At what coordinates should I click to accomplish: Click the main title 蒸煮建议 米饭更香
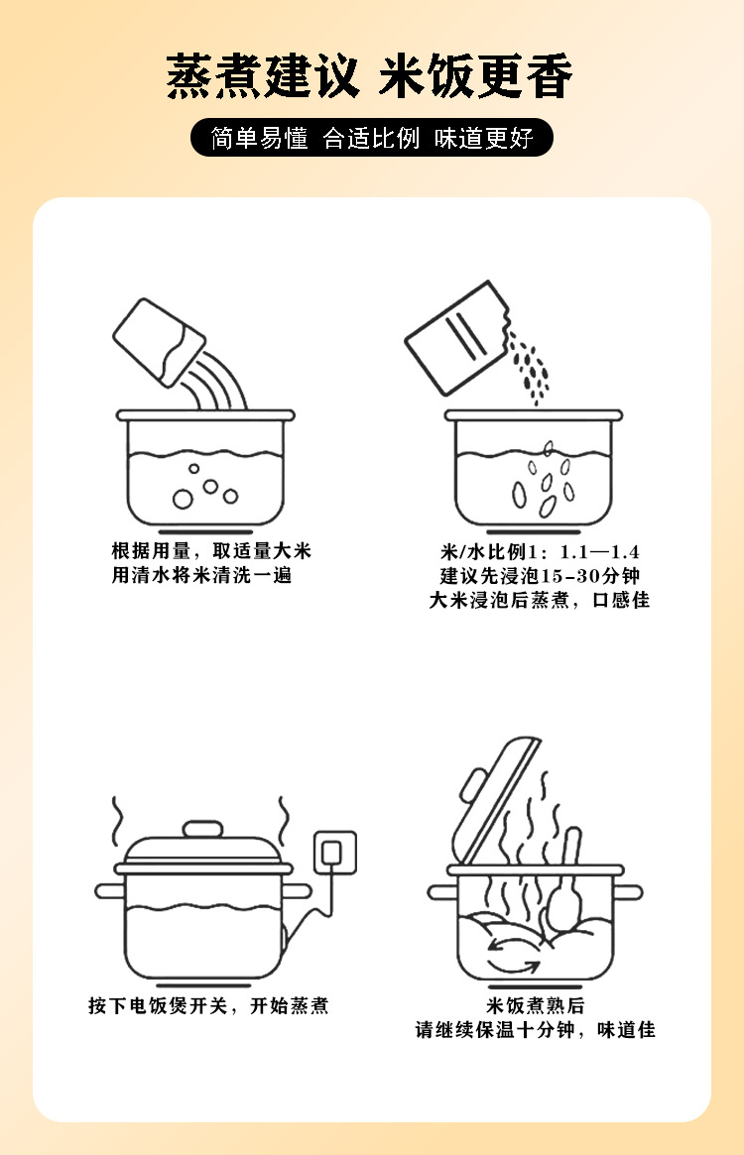click(369, 76)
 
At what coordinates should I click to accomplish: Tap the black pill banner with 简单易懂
click(372, 138)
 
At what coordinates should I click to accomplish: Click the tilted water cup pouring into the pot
click(160, 342)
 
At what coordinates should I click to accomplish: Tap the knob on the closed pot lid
click(202, 830)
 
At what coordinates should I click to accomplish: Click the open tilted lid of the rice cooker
click(496, 799)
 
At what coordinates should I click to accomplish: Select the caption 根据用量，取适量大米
click(211, 551)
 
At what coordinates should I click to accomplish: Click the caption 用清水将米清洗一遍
click(202, 575)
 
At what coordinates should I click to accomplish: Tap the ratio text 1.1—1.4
click(599, 551)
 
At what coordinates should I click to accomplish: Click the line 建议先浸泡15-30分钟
click(540, 576)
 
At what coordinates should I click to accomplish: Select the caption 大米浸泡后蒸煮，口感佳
click(540, 601)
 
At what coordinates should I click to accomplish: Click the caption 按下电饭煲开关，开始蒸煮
click(208, 1005)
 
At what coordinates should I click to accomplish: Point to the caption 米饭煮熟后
click(536, 1005)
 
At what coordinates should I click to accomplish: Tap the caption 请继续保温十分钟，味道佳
click(536, 1030)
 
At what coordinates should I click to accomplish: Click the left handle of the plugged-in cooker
click(110, 891)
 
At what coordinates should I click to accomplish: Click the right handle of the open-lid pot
click(628, 892)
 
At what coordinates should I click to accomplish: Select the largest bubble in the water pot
click(183, 500)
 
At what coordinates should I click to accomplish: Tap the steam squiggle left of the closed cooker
click(116, 821)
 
